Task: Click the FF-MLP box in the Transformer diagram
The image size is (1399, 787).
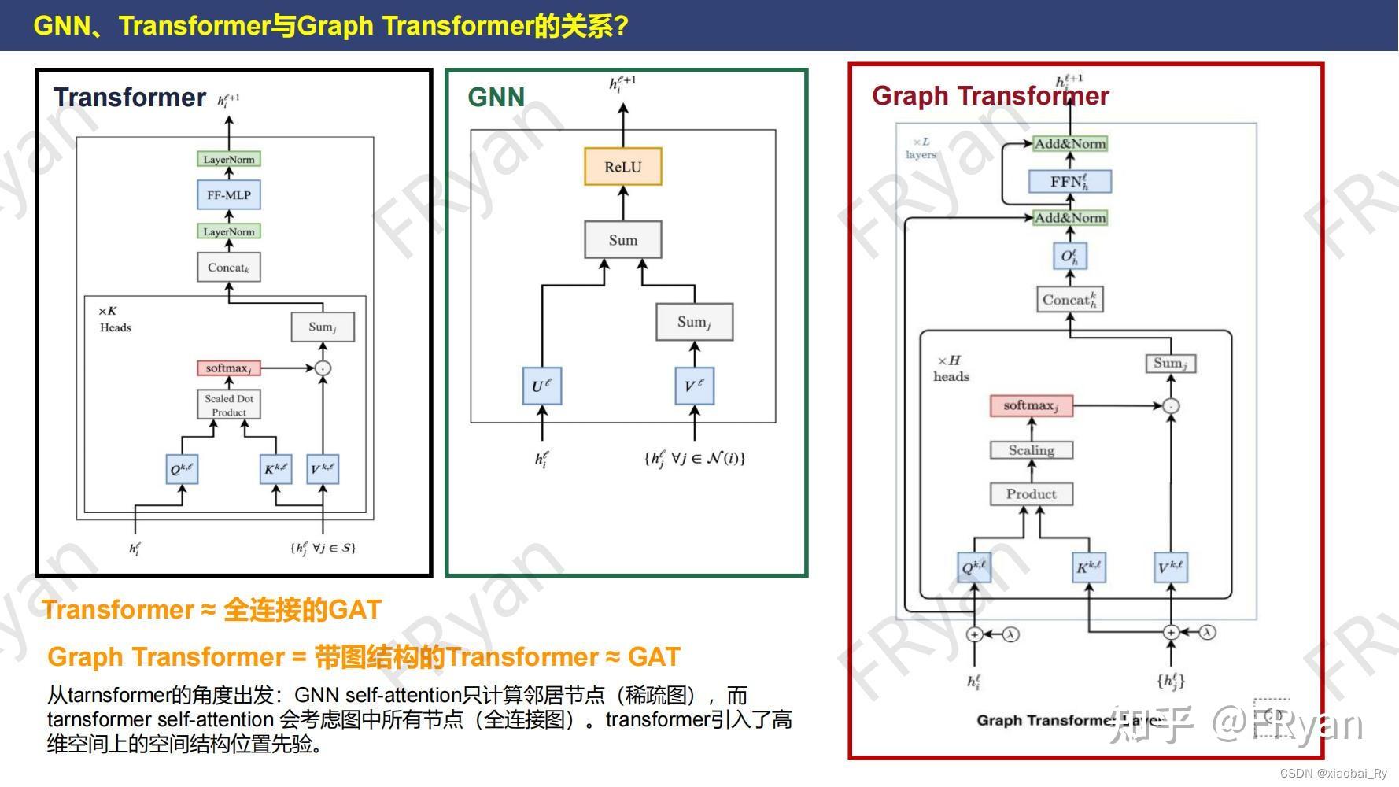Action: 228,195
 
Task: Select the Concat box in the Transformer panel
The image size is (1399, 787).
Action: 228,268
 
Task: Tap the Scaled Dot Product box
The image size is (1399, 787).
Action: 228,405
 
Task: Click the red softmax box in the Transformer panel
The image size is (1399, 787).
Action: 228,368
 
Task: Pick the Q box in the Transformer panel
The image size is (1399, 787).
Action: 182,470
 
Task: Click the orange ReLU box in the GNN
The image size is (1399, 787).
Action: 622,167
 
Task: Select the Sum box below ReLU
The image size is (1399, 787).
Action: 622,240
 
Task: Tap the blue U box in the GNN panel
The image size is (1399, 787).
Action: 541,386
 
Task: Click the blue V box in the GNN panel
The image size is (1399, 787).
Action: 694,386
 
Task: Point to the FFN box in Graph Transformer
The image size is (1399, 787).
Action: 1069,182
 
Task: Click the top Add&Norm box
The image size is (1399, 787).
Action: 1069,144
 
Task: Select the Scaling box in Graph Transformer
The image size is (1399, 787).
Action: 1031,450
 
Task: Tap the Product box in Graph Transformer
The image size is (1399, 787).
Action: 1031,494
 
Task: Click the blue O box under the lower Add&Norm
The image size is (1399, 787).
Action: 1069,256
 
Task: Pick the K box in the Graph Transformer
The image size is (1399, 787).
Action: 1088,567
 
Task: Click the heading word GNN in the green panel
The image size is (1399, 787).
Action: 496,98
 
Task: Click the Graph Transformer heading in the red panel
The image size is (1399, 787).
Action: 990,96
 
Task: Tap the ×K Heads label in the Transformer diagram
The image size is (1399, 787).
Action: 114,320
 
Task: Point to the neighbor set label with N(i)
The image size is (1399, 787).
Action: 694,458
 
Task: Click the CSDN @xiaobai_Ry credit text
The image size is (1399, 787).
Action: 1333,774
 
